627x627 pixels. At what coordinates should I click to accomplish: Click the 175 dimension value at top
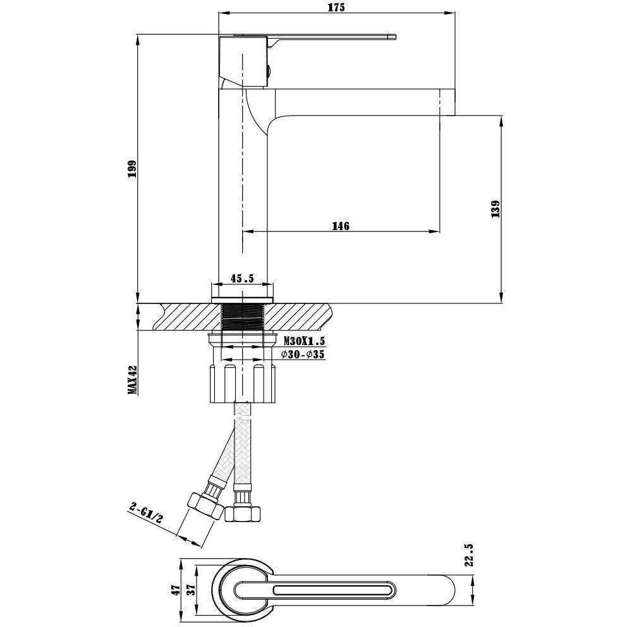click(337, 8)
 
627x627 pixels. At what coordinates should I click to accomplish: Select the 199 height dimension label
click(132, 169)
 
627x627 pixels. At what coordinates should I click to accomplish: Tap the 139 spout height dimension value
click(496, 209)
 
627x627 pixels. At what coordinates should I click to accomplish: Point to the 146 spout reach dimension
click(341, 226)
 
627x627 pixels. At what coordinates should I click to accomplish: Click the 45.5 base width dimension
click(242, 278)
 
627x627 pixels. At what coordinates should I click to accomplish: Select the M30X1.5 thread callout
click(305, 341)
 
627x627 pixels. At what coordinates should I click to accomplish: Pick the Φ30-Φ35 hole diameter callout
click(303, 355)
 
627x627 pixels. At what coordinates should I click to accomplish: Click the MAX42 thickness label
click(132, 380)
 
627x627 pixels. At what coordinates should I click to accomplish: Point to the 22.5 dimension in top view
click(470, 554)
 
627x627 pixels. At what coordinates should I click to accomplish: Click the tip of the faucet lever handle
click(395, 37)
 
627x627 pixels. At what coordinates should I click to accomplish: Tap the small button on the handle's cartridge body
click(269, 71)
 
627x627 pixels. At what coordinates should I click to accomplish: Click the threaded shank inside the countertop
click(242, 317)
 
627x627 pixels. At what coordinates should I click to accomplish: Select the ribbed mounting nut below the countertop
click(242, 382)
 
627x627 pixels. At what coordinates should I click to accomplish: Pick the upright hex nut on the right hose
click(243, 513)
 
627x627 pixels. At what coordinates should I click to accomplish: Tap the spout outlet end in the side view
click(448, 102)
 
